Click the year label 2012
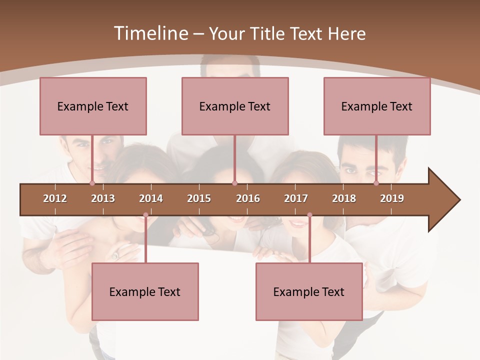(55, 198)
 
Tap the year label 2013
(103, 198)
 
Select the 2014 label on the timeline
(151, 198)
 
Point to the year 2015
(199, 198)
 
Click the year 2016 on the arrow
(248, 198)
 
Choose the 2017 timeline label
(296, 198)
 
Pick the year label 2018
(344, 198)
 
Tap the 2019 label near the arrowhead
(392, 198)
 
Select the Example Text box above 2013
(93, 106)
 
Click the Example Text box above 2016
(235, 106)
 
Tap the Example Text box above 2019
(377, 106)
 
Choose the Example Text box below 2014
(145, 291)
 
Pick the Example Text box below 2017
(309, 291)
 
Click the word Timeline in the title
(150, 33)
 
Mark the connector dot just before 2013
(92, 183)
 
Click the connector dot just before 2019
(376, 183)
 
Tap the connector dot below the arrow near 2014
(145, 215)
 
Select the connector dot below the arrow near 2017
(309, 215)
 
